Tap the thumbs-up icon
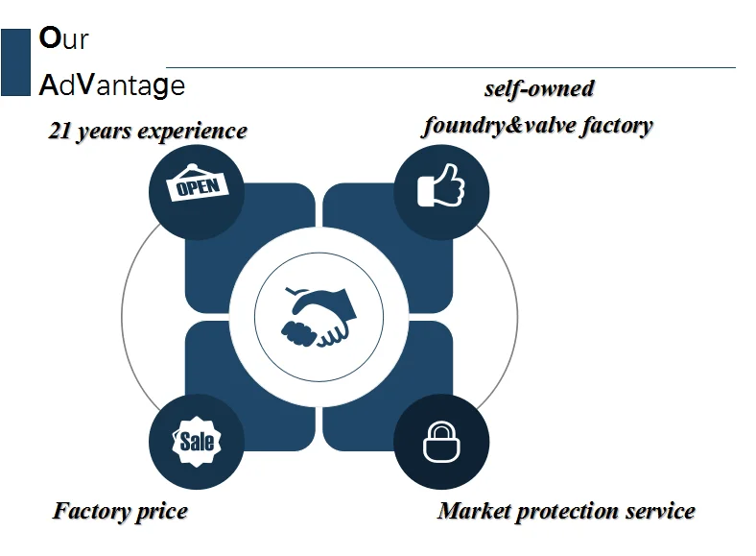click(440, 185)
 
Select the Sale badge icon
click(197, 441)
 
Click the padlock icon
click(441, 442)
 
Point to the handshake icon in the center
click(319, 317)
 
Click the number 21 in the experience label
click(59, 131)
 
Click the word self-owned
click(539, 88)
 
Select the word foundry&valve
click(500, 126)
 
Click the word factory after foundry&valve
click(617, 126)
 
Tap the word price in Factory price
click(161, 512)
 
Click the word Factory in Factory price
click(91, 511)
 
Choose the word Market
click(474, 511)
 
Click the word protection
click(568, 512)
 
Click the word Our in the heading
click(63, 38)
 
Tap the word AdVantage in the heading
click(111, 85)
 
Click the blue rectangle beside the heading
click(15, 62)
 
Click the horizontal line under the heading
click(451, 67)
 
